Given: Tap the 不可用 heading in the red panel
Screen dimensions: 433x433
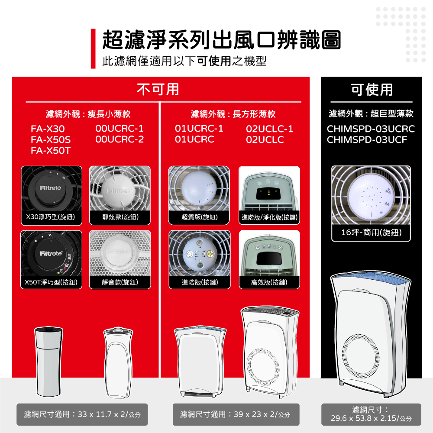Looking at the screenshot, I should pyautogui.click(x=158, y=89).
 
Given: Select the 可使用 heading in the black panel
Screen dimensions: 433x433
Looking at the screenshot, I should pyautogui.click(x=372, y=89).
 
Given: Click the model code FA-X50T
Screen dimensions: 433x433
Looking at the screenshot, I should pyautogui.click(x=51, y=151).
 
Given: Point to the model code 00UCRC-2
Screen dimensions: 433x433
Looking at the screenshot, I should pyautogui.click(x=120, y=140).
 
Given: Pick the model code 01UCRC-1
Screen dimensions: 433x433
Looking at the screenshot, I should pyautogui.click(x=199, y=129).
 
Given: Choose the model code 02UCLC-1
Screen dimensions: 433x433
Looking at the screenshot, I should pyautogui.click(x=269, y=129).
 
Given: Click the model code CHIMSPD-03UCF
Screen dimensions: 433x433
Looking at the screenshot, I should pyautogui.click(x=367, y=140).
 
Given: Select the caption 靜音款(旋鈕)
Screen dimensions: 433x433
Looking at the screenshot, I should pyautogui.click(x=120, y=282).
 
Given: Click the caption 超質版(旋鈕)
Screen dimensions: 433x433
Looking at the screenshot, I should pyautogui.click(x=199, y=216).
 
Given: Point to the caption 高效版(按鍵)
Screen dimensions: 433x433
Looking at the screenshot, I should pyautogui.click(x=269, y=282).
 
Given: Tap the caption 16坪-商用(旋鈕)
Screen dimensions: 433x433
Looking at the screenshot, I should pyautogui.click(x=371, y=233).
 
